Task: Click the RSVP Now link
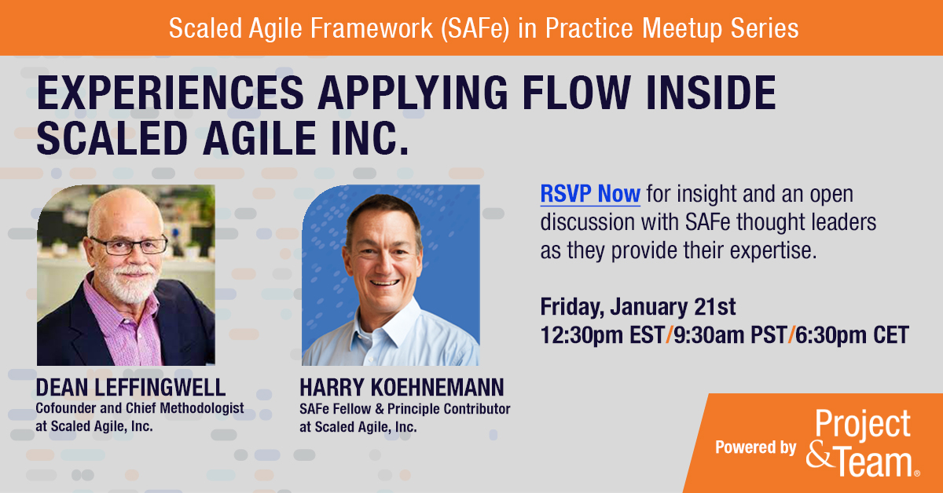[x=589, y=193]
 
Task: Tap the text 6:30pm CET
[x=852, y=335]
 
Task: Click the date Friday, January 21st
[x=638, y=305]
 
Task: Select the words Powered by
[x=755, y=447]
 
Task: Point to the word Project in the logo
[x=863, y=425]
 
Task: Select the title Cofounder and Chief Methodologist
[x=140, y=408]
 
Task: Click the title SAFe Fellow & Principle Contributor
[x=404, y=409]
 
